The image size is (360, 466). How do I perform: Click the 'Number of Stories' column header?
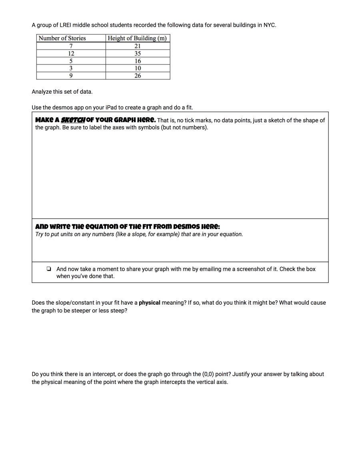[x=62, y=38]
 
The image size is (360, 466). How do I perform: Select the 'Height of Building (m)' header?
[x=137, y=38]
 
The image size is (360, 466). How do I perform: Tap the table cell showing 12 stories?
[x=71, y=53]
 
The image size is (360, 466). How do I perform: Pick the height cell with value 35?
[x=138, y=53]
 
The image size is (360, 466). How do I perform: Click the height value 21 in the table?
[x=138, y=46]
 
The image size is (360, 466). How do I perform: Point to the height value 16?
[x=138, y=61]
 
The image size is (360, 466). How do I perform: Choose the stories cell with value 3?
[x=71, y=68]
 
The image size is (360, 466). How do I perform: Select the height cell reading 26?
[x=138, y=76]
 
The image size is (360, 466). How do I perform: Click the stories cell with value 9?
[x=71, y=76]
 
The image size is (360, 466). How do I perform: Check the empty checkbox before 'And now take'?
[x=48, y=269]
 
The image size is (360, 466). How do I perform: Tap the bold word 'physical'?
[x=149, y=303]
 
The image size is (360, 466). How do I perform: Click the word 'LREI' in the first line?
[x=65, y=25]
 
